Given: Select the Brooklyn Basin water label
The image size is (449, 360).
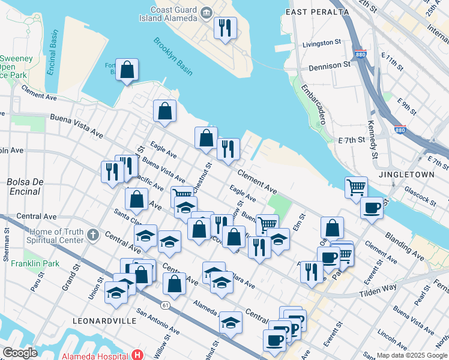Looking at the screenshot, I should (173, 56).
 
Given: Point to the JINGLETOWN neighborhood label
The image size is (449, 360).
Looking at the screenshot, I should (406, 175).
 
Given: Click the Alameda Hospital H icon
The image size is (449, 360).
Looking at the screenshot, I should (138, 355).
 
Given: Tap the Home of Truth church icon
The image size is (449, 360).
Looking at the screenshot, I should (92, 233).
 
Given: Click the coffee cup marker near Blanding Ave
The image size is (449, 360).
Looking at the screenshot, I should (372, 208).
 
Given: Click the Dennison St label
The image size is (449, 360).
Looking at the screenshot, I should (330, 64).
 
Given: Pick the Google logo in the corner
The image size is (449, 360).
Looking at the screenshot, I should (20, 353).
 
